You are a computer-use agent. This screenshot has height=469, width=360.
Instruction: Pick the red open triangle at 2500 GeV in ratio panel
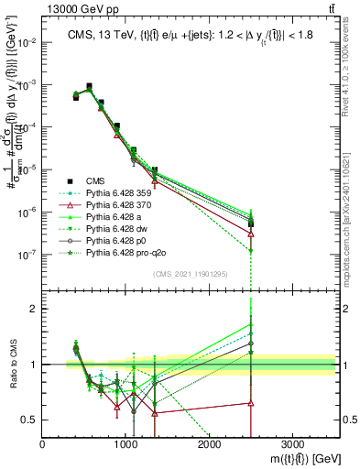[x=252, y=403]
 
